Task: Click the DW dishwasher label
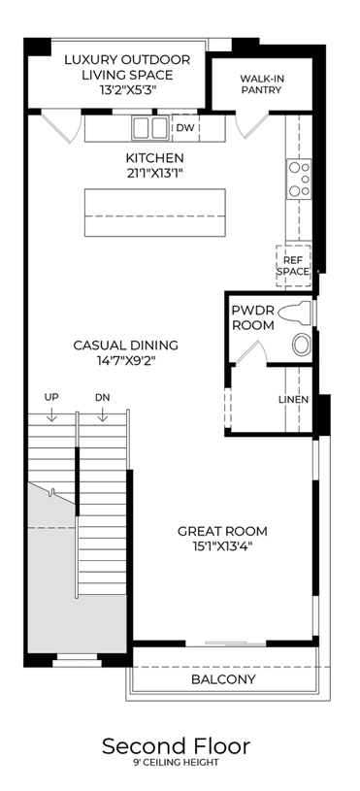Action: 185,128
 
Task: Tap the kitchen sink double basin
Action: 149,128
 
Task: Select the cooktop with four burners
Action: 299,179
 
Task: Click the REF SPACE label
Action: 295,266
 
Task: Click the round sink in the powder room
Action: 302,345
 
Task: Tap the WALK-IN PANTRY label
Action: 261,84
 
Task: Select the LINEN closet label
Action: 293,399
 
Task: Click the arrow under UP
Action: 50,414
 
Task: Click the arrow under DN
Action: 102,414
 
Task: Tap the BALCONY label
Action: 223,679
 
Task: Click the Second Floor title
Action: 176,746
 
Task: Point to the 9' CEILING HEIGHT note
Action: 176,763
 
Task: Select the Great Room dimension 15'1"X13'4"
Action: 222,545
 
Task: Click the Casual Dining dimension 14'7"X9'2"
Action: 125,360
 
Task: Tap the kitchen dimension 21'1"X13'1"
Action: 155,173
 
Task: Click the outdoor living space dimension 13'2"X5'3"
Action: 127,90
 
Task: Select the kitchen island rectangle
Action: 155,213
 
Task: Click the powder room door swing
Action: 251,351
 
